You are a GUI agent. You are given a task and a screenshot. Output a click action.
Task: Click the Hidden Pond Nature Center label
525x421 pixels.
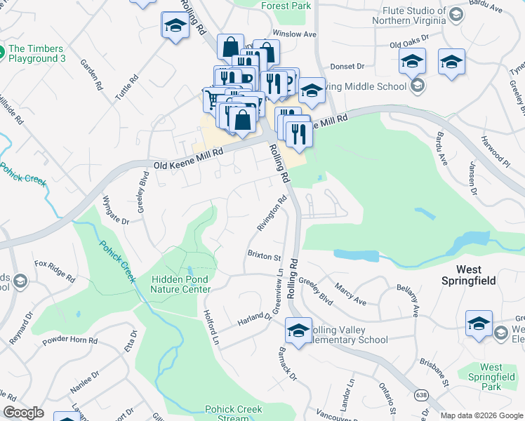point(180,284)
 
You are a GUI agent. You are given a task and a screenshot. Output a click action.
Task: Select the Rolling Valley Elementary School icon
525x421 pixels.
point(298,331)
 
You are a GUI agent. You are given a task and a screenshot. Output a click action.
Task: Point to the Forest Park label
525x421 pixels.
point(286,6)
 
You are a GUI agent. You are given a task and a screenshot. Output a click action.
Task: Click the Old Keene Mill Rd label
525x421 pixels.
point(188,159)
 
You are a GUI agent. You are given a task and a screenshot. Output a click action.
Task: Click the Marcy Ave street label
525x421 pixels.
point(350,295)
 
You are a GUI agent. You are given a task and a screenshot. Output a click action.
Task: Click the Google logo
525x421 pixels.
point(24,413)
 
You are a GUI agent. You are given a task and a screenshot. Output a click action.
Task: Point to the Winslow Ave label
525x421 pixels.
point(295,34)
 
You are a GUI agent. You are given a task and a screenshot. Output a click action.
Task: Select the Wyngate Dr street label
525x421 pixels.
point(117,210)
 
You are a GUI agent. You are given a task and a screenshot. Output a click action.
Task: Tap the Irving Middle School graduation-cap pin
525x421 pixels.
point(312,89)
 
